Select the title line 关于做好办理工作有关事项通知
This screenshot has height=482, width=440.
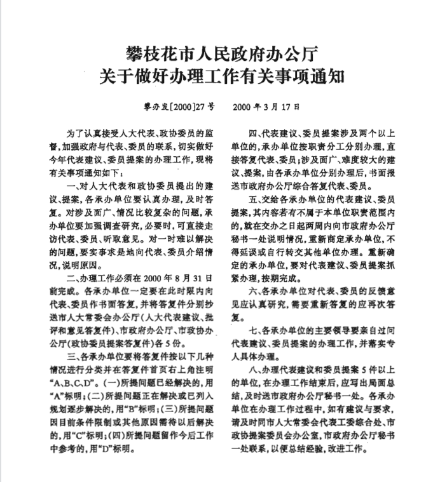point(220,77)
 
